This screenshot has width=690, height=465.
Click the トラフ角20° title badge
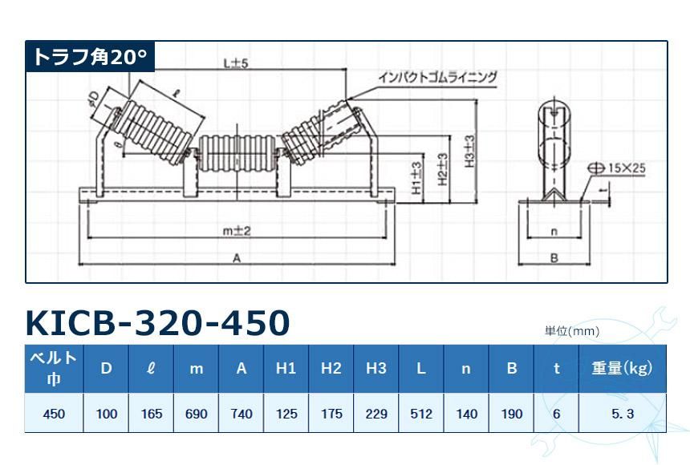pos(89,58)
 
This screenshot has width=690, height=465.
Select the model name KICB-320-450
pos(157,323)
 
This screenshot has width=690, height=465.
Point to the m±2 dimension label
pos(237,231)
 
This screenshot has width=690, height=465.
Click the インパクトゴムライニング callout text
pos(438,77)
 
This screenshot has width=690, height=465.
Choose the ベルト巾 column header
pos(54,368)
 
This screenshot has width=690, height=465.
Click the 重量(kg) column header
pos(623,368)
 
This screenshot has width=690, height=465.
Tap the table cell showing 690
pos(196,414)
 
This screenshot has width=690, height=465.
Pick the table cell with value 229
pos(375,414)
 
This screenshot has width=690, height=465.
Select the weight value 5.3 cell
pos(623,414)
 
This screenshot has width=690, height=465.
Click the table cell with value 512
pos(420,414)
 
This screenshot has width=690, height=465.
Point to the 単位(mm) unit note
pos(572,330)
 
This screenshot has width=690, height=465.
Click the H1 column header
pos(286,368)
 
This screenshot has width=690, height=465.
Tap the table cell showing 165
pos(151,414)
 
